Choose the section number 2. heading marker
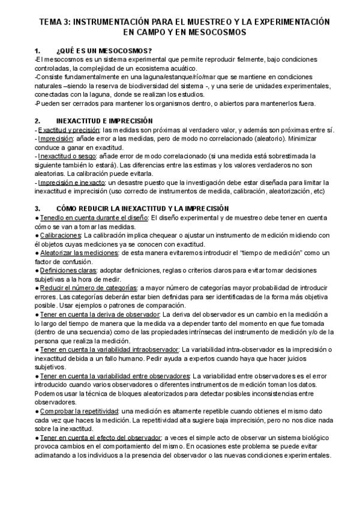point(38,121)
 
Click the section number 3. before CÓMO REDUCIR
point(38,208)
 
